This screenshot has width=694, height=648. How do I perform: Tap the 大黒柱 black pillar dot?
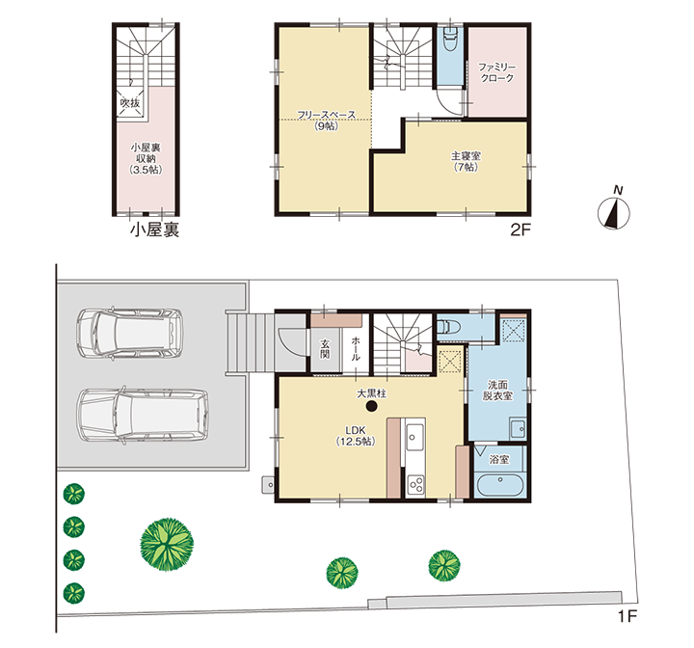point(372,406)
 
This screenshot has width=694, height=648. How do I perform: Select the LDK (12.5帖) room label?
point(356,436)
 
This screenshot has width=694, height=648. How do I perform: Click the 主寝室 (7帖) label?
point(466,161)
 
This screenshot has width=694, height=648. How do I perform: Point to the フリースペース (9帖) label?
point(326,120)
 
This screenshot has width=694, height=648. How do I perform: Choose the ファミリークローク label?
point(497,72)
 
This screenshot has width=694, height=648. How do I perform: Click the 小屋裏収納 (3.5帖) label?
point(146,158)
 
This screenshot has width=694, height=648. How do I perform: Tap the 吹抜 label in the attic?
point(130,103)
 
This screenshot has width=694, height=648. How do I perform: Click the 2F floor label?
point(520,229)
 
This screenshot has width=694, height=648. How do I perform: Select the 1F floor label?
point(627,616)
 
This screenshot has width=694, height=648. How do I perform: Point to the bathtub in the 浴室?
point(500,485)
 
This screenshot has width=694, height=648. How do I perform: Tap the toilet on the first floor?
point(449,327)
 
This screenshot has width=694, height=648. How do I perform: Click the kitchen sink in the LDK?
point(415,437)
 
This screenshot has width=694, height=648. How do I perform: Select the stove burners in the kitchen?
point(415,485)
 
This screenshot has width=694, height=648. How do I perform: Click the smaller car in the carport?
point(130,333)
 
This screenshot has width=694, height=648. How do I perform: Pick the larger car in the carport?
point(143,416)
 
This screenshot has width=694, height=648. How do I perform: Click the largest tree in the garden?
point(167,544)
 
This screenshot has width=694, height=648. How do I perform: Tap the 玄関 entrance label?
point(326,349)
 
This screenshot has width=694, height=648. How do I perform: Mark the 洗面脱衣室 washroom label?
point(497,390)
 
